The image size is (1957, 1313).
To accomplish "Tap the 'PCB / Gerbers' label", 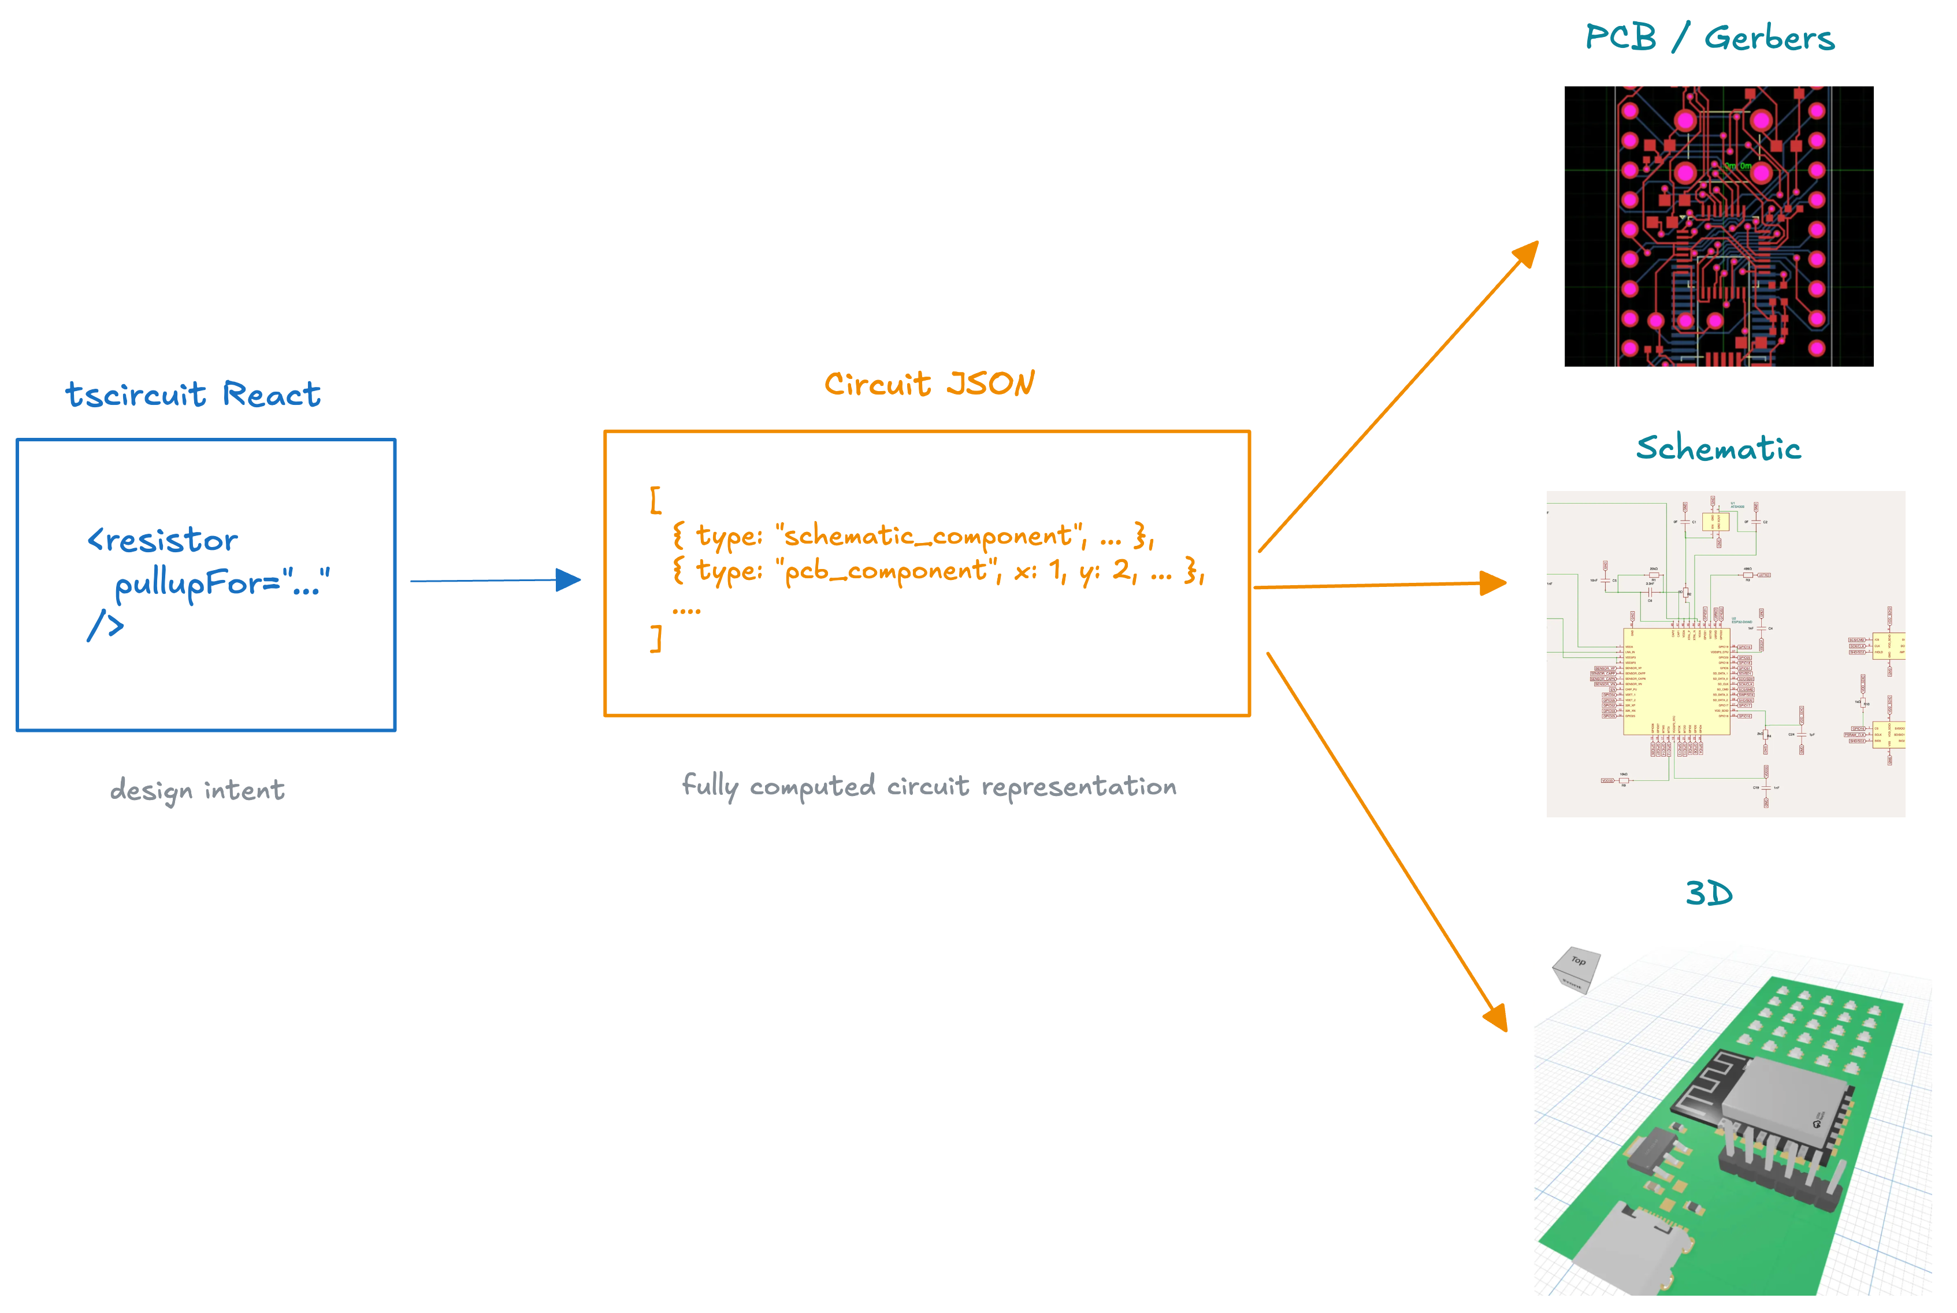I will coord(1709,38).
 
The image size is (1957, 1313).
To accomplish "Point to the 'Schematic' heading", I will coord(1718,448).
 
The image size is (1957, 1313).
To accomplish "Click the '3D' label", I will coord(1709,894).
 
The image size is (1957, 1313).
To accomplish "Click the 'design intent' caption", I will coord(197,790).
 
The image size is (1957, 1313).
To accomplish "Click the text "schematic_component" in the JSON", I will coord(930,535).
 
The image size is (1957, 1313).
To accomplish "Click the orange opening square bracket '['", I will coord(656,500).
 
